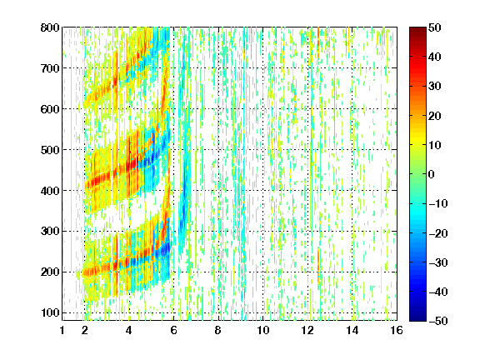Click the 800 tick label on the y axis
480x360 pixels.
pos(50,27)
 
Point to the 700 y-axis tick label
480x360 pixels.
pos(50,68)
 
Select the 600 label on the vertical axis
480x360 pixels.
pos(50,109)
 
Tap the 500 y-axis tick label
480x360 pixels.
pos(50,150)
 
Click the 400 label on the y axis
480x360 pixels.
pos(50,191)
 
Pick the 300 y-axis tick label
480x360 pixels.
pos(50,232)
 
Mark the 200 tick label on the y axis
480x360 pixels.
pos(50,272)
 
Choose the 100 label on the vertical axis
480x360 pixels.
pos(50,312)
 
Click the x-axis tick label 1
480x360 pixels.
pos(62,330)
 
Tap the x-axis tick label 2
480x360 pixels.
pos(85,330)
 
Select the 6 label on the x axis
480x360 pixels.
pos(174,330)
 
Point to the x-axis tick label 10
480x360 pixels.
pos(263,330)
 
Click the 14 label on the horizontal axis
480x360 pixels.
pos(352,330)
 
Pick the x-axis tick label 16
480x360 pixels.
pos(397,330)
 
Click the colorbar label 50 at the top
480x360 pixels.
pos(434,27)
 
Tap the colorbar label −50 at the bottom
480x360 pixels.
pos(437,321)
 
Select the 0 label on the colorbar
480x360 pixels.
pos(432,174)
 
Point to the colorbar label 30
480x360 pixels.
pos(434,87)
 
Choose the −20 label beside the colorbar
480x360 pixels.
pos(437,233)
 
